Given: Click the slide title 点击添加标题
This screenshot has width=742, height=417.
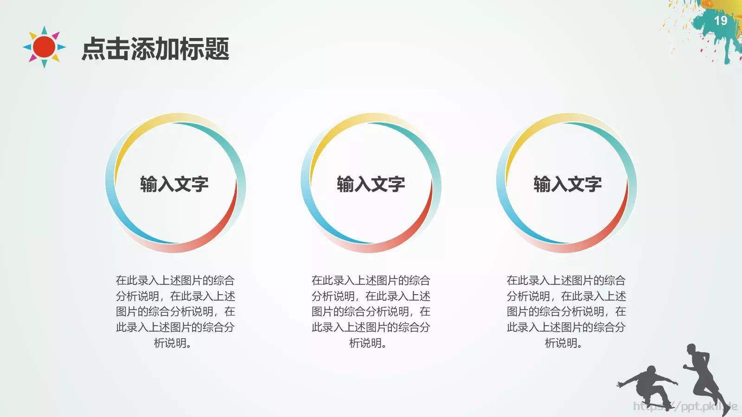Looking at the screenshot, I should pos(155,49).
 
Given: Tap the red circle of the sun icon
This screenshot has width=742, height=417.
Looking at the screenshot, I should pos(45,47).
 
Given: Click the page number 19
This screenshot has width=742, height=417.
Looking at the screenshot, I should pos(720,21).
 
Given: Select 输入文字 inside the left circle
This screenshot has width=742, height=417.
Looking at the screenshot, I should pos(174,184).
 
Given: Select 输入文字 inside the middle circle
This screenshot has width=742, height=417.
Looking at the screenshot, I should pos(371,184).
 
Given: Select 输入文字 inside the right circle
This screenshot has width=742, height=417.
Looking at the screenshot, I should pos(568,184).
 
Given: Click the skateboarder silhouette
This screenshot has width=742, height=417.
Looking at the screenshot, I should pos(647,385).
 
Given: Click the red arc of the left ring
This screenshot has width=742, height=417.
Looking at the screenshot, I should pos(223,222).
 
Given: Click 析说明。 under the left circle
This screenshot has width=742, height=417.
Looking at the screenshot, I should pos(173,343).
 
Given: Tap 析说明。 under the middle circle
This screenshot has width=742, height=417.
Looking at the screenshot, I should pos(368,343).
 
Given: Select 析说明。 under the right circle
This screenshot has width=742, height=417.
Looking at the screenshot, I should pos(563,343).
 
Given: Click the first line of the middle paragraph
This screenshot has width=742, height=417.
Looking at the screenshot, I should pos(371,280).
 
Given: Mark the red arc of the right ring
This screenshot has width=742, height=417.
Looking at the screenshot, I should pos(615,222).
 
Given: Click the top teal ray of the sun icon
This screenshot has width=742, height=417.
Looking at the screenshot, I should pos(45,31).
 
